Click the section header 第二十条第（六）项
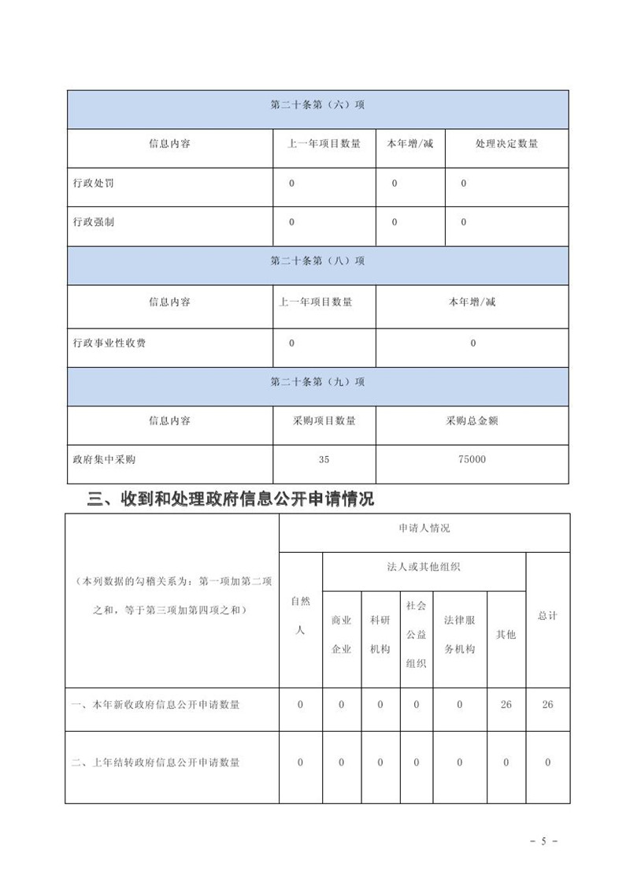coord(317,105)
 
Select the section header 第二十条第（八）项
coord(317,261)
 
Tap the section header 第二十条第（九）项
coord(317,381)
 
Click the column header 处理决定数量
coord(506,144)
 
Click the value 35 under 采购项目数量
coord(324,459)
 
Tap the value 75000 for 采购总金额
coord(472,459)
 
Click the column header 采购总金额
coord(472,421)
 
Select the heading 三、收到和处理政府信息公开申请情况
coord(230,499)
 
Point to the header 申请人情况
coord(424,528)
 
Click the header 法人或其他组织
coord(424,568)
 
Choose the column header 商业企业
coord(342,635)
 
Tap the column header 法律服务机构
coord(460,635)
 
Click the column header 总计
coord(547,616)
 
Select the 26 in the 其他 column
coord(506,705)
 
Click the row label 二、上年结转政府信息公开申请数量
coord(155,762)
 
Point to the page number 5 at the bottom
coord(543,841)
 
